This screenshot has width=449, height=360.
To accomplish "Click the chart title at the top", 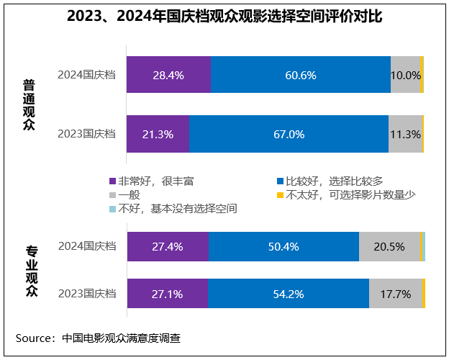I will pos(224,17).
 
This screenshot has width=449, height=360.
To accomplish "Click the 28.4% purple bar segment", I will pos(168,75).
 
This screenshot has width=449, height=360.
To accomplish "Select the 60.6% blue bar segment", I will pos(301,75).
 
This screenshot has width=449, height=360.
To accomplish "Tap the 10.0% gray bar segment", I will pos(405,75).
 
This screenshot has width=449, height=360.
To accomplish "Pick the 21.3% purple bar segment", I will pos(158,134).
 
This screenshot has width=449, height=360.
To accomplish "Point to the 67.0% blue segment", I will pos(289,134).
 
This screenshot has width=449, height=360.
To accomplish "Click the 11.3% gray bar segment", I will pos(406,134).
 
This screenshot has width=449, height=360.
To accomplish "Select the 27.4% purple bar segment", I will pos(168,246).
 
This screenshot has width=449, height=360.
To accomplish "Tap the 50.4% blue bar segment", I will pos(284,246).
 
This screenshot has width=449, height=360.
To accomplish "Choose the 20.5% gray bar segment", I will pos(389,246).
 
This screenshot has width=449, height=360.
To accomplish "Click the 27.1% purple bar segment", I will pos(168,294).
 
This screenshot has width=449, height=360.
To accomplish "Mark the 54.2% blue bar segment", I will pos(289,294).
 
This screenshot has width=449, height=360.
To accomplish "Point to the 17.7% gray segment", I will pos(396,294).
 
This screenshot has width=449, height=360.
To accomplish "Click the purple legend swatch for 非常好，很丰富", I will pos(112,181).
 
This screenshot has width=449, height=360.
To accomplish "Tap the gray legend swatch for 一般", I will pos(112,194).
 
